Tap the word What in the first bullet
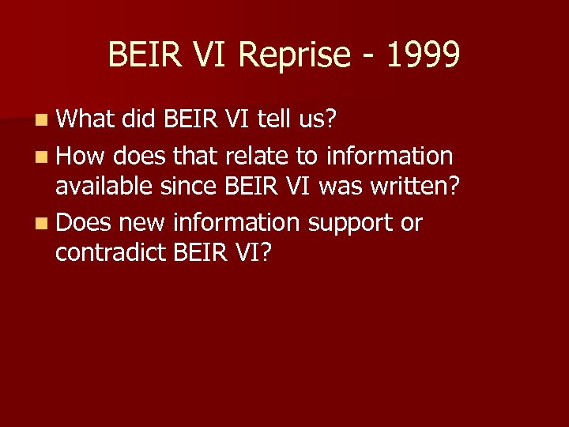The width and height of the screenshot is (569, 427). [86, 119]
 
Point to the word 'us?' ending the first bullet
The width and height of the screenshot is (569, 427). [318, 119]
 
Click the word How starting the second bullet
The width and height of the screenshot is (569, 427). [81, 156]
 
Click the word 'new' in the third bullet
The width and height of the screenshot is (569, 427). [140, 223]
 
